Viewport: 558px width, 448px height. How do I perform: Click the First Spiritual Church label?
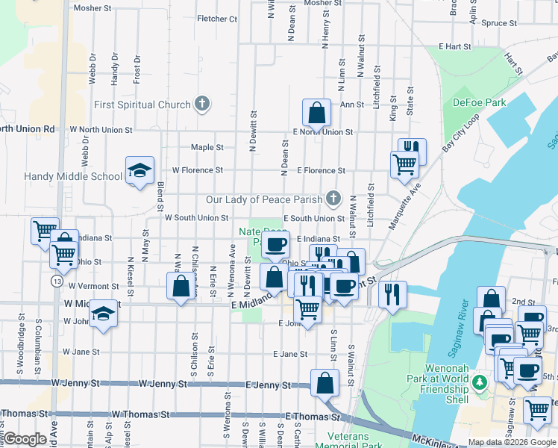142,105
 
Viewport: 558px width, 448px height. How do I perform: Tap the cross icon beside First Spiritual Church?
201,105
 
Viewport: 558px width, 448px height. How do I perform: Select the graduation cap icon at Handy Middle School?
139,171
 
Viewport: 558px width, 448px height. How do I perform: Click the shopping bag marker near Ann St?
317,113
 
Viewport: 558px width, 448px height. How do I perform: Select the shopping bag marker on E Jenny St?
325,383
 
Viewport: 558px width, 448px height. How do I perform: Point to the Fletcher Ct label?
216,19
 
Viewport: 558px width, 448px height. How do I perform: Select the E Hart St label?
456,46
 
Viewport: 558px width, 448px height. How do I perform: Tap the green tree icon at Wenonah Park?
480,382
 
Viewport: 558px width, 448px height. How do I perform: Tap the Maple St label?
207,147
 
